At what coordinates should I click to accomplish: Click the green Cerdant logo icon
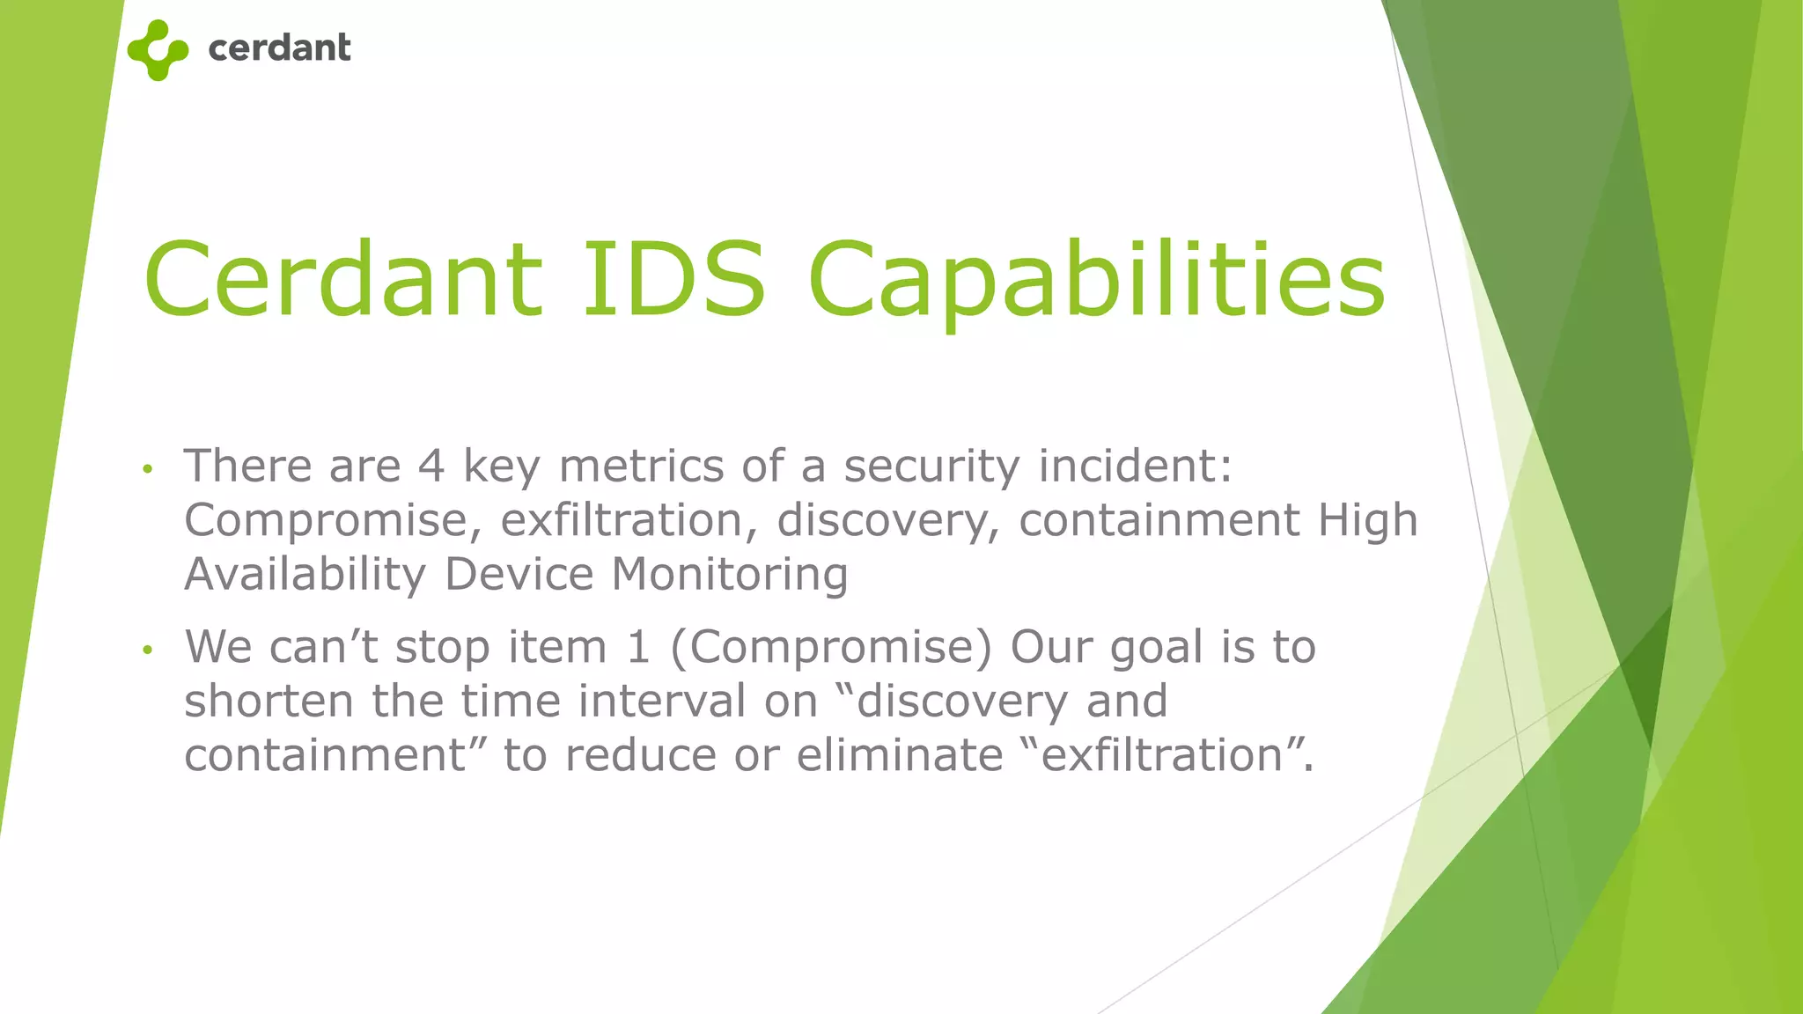[158, 50]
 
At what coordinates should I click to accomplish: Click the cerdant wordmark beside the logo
[279, 48]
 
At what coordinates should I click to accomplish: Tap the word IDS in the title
[673, 279]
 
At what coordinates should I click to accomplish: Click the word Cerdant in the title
[342, 279]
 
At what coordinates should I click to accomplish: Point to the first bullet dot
[148, 469]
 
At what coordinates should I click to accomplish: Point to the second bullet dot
[148, 650]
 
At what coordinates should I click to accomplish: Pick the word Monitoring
[730, 574]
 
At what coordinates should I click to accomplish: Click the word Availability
[305, 576]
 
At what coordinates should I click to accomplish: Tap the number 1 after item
[637, 647]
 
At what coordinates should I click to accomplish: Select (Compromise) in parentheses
[830, 649]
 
